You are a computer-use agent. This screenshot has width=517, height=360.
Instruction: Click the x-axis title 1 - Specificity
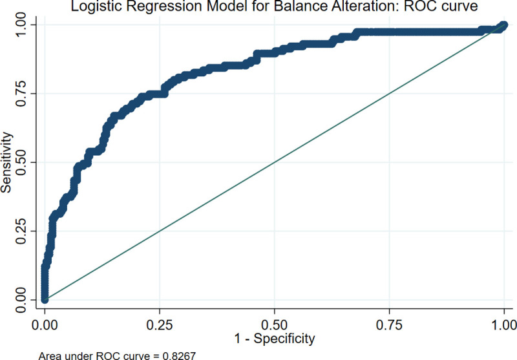tap(274, 337)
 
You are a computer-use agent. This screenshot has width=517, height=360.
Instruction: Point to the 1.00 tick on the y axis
tap(22, 24)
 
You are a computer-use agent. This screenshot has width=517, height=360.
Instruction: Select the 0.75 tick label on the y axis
tap(22, 93)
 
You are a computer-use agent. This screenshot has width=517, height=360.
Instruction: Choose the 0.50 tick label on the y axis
tap(22, 162)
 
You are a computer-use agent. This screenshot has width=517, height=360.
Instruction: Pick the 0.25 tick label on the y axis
tap(22, 231)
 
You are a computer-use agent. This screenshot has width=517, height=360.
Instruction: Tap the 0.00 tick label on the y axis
tap(22, 299)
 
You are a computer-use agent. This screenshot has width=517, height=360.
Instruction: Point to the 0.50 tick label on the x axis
tap(274, 321)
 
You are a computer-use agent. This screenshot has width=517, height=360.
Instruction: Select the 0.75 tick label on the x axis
tap(389, 321)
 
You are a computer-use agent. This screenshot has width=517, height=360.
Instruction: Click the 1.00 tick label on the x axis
tap(503, 321)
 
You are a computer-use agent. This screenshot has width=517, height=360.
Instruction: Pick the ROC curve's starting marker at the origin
tap(45, 299)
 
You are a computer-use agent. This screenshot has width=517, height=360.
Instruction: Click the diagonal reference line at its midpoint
tap(274, 162)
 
